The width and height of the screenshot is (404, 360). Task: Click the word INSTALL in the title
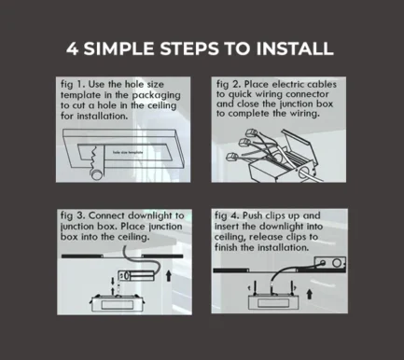point(295,48)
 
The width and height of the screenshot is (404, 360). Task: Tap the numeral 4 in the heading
point(72,48)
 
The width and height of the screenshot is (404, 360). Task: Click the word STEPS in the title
point(189,48)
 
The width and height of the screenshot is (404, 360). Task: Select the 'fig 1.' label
point(73,85)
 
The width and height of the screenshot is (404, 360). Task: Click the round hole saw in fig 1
point(97,174)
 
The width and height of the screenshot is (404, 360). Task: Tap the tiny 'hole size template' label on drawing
point(128,152)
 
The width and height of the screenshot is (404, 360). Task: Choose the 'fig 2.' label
point(229,85)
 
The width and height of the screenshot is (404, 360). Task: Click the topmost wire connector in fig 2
point(251,133)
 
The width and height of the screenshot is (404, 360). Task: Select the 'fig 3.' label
point(73,215)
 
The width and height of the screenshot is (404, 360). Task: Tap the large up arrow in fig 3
point(168,276)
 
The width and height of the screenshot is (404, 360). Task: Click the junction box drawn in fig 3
point(136,276)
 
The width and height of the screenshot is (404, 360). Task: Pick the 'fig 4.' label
point(227,215)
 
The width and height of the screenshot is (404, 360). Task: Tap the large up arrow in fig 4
point(309,294)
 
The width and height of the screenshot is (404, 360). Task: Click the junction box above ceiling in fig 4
point(330,263)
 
